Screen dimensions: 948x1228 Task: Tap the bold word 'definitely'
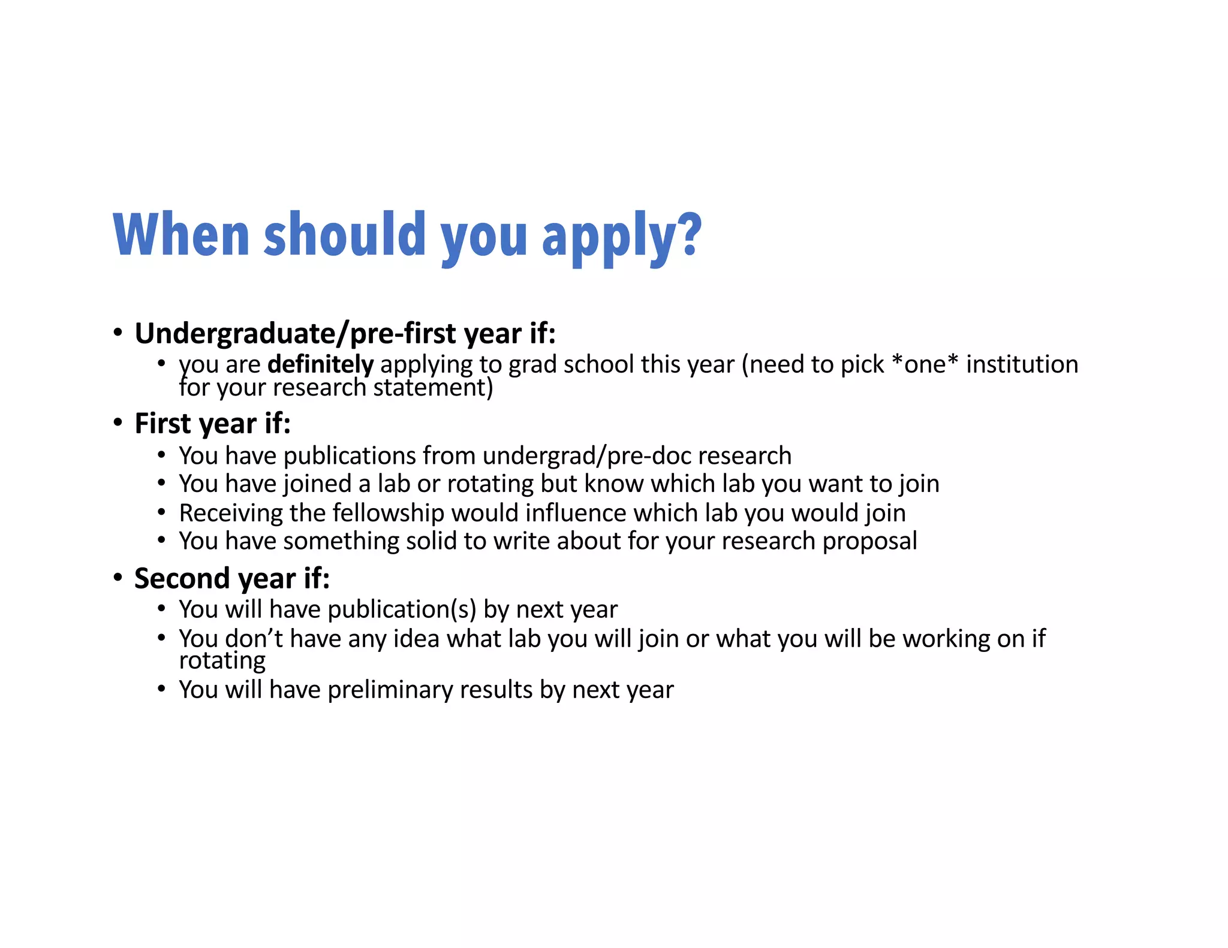click(x=320, y=364)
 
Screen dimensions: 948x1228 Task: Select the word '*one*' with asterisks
click(x=925, y=364)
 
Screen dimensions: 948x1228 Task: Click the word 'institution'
click(x=1022, y=364)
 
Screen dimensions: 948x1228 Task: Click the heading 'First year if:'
click(x=212, y=424)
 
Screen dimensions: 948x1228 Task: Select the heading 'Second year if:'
click(x=231, y=578)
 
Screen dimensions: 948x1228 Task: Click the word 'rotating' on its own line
click(x=222, y=660)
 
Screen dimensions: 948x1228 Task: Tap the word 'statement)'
click(x=433, y=388)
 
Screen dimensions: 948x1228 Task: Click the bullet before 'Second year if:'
click(x=118, y=578)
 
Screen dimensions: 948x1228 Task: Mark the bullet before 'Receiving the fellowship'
click(x=161, y=513)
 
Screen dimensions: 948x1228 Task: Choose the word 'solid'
click(x=431, y=541)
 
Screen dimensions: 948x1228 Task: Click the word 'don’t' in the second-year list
click(x=254, y=639)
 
